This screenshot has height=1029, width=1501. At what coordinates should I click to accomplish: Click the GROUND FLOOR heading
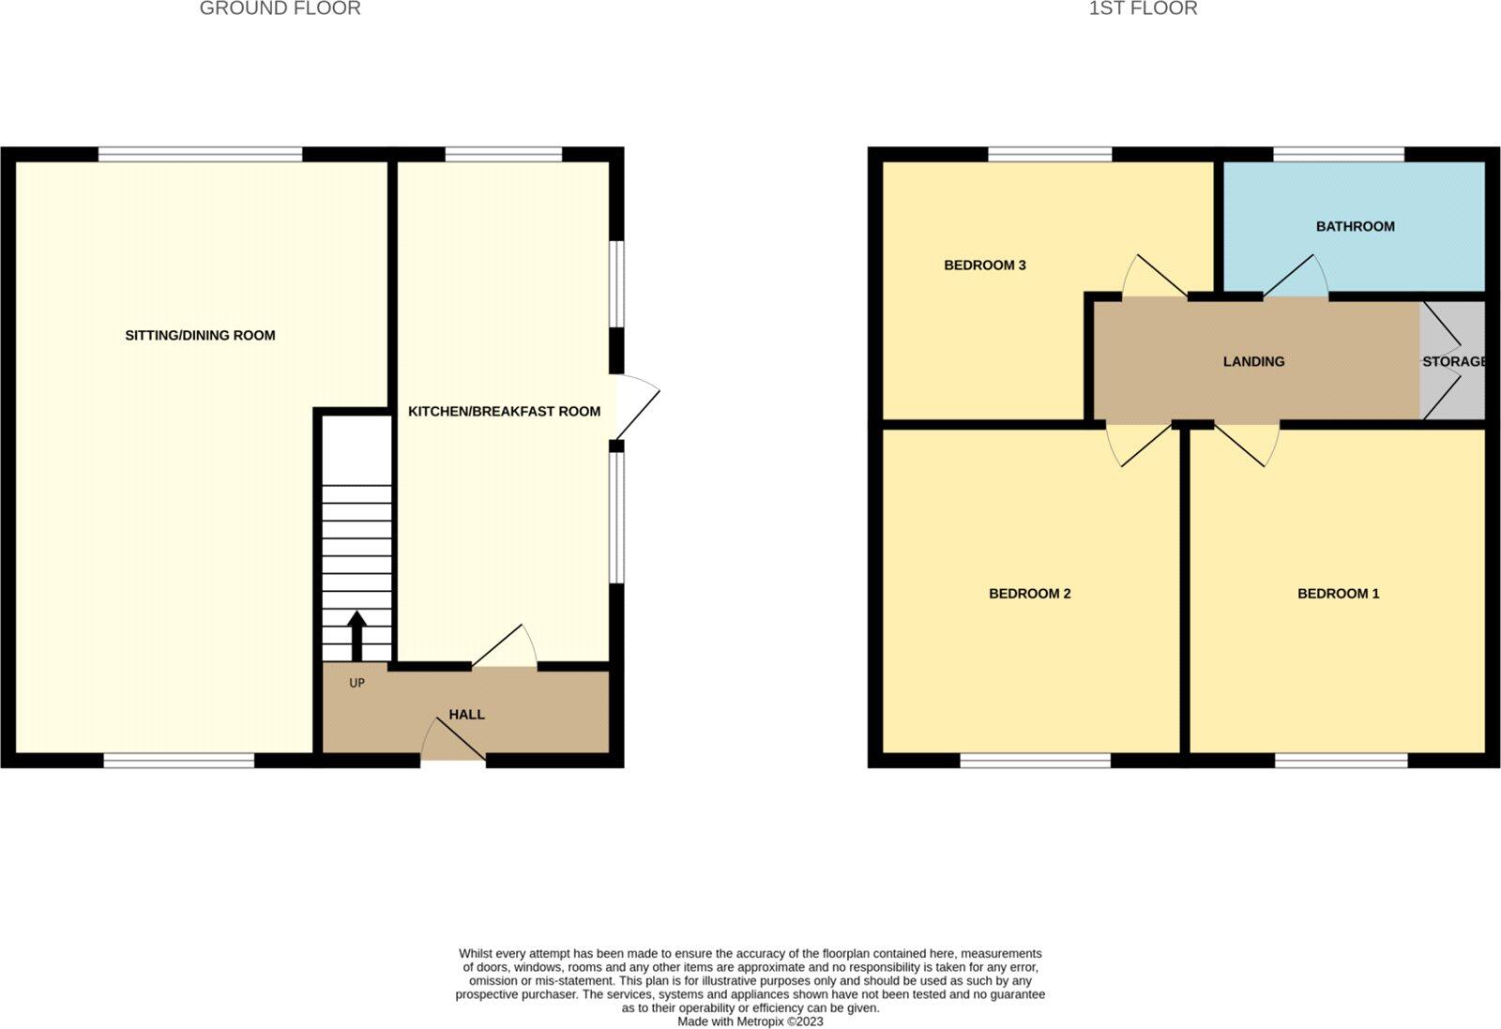[280, 9]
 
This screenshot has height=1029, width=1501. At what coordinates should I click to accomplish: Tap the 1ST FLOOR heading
[1143, 9]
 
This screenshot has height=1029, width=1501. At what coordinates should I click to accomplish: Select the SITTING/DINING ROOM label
[200, 336]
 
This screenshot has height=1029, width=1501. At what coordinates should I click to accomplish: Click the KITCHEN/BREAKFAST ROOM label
[504, 412]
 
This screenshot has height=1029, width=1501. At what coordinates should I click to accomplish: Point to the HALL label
[466, 715]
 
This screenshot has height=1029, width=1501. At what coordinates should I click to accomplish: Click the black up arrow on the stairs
[356, 636]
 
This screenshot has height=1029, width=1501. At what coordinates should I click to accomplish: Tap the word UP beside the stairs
[356, 684]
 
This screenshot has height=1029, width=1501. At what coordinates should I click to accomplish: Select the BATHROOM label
[1355, 227]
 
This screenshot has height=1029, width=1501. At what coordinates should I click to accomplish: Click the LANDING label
[1253, 362]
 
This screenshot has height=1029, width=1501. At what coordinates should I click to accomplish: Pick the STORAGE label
[1453, 362]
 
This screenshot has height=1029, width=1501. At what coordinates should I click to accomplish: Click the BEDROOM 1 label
[1338, 594]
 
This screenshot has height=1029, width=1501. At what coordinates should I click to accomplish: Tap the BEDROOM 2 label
[1029, 594]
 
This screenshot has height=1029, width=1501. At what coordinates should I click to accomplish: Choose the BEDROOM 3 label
[984, 265]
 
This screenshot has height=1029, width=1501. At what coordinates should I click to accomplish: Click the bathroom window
[1338, 154]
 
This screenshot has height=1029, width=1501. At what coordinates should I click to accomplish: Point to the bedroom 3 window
[1049, 154]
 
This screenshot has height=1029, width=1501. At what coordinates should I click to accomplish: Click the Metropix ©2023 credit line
[750, 1021]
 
